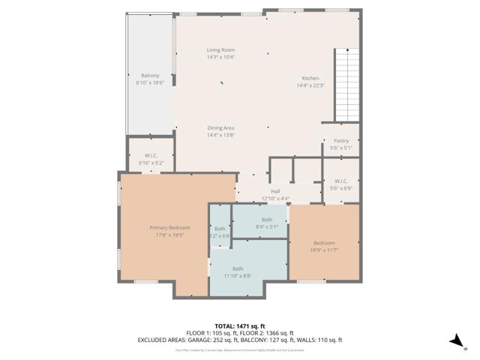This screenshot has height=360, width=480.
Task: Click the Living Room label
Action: click(220, 50)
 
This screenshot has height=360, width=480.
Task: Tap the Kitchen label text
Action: click(310, 78)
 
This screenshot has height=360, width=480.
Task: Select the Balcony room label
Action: click(150, 75)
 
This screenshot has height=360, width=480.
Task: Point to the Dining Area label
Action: click(220, 128)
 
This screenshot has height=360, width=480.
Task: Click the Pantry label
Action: click(341, 141)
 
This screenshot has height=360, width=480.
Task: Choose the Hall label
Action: click(275, 192)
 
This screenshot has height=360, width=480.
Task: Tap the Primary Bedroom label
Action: click(169, 228)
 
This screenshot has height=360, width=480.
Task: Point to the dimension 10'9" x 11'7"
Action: click(324, 250)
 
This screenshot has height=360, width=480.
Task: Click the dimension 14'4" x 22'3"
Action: click(310, 85)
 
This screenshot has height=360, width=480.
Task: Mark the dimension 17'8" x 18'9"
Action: click(169, 235)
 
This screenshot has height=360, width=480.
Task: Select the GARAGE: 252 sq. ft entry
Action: click(216, 339)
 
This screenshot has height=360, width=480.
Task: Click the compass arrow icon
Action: click(454, 341)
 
